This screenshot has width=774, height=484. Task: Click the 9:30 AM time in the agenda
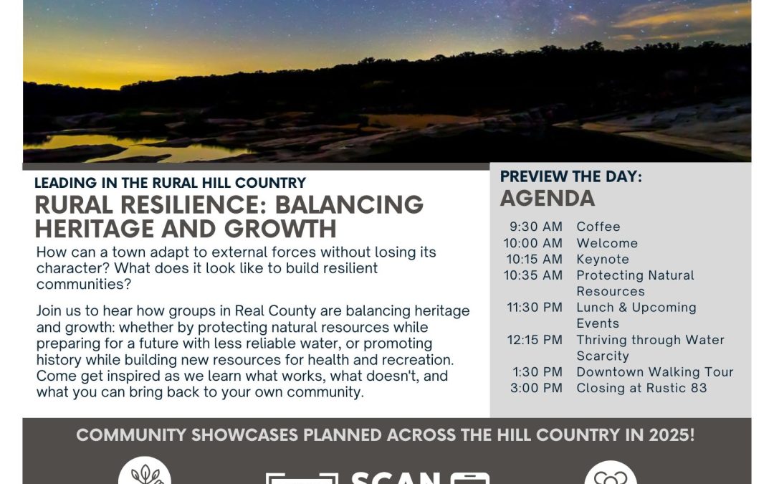click(x=535, y=227)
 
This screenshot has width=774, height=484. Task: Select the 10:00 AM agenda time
click(x=532, y=243)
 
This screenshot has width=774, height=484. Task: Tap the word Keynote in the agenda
click(x=603, y=260)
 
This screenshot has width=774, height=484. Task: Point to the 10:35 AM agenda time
click(x=532, y=275)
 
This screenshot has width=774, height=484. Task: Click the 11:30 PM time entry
click(x=534, y=307)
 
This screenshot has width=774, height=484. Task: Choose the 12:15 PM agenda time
click(x=534, y=340)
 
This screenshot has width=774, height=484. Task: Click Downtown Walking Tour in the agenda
click(x=655, y=372)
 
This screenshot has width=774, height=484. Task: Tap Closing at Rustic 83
click(x=641, y=388)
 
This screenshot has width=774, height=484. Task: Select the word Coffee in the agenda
click(x=598, y=227)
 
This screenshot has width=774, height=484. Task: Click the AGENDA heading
click(x=548, y=199)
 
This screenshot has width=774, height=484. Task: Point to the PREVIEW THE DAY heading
click(x=571, y=177)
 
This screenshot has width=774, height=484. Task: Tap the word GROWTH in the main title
click(x=280, y=229)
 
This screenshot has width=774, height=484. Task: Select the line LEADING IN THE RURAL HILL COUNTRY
click(x=171, y=183)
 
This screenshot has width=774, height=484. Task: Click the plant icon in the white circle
click(x=145, y=474)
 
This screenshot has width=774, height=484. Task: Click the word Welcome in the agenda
click(x=607, y=243)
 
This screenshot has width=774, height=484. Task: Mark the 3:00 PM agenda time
click(x=536, y=388)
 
